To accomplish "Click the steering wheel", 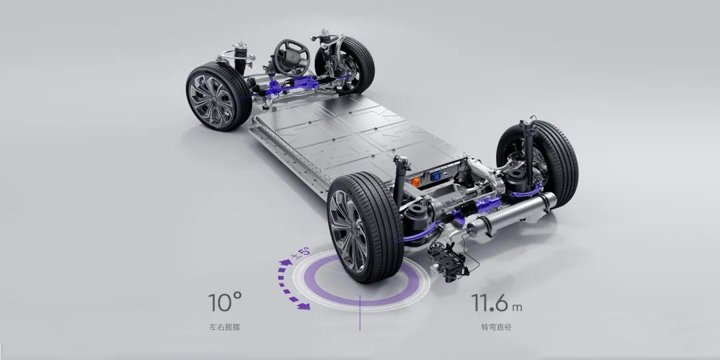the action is pos(291,57).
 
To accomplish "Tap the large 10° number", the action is pos(225,302).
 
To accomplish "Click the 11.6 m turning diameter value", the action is pos(497,303).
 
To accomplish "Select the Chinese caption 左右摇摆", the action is pos(225,327).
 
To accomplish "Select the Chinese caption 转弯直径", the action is pos(497,327).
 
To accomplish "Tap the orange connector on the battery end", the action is pos(416,182).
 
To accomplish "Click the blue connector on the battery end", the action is pos(435,177).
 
